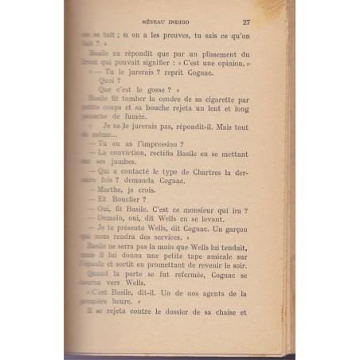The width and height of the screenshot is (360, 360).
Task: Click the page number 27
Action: click(x=268, y=22)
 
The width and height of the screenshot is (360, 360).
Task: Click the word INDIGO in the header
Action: click(x=190, y=22)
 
